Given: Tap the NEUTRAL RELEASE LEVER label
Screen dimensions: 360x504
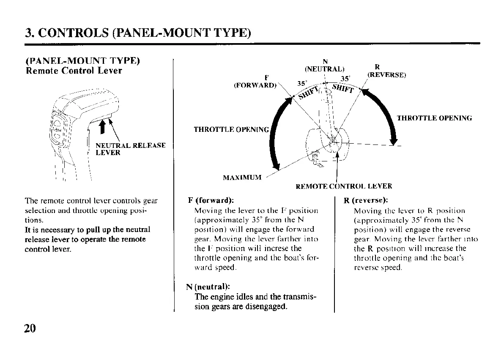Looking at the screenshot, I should [x=130, y=149].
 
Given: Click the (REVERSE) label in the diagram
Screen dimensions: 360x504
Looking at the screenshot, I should [x=386, y=75].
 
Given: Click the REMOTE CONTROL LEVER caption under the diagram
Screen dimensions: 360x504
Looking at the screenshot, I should [x=344, y=186].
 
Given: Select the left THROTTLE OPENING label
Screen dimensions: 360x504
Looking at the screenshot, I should [x=231, y=129].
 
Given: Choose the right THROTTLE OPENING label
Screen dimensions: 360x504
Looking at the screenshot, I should [x=434, y=118].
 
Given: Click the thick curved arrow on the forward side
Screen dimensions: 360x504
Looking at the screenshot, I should [x=276, y=135].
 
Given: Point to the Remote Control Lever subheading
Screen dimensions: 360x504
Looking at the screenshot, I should [x=74, y=71].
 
